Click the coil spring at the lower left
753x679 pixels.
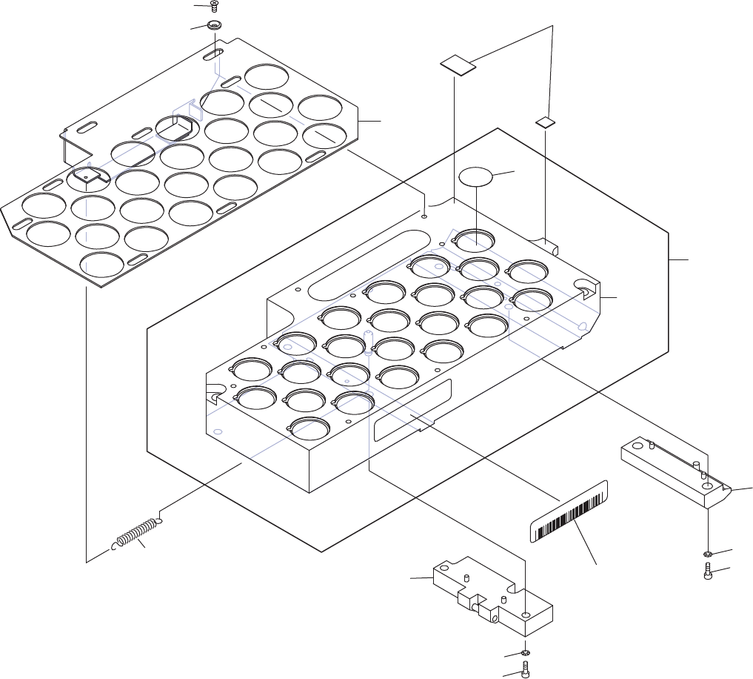click(137, 535)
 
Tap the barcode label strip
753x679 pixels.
click(569, 511)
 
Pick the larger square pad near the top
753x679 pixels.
click(458, 64)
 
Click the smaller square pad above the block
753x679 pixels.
click(546, 122)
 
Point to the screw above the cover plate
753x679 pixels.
click(213, 6)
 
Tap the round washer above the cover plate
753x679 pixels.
click(215, 27)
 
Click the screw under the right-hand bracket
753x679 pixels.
click(709, 572)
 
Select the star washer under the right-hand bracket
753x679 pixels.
click(709, 554)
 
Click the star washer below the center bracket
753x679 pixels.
click(525, 652)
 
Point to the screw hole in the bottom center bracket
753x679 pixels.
click(526, 615)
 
